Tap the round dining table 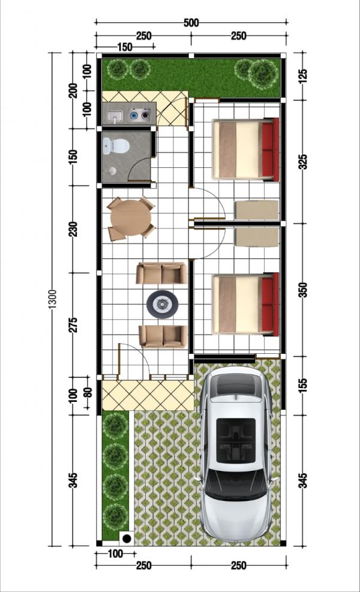130,218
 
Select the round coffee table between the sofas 163,304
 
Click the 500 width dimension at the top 191,23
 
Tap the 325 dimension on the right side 304,161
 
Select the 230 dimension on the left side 74,229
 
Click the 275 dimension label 74,324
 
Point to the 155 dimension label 304,386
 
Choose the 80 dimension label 87,392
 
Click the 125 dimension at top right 304,76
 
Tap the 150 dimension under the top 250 125,47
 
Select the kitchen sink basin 114,116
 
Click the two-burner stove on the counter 140,115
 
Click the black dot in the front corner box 127,539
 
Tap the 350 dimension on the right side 304,290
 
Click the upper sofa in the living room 161,274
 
